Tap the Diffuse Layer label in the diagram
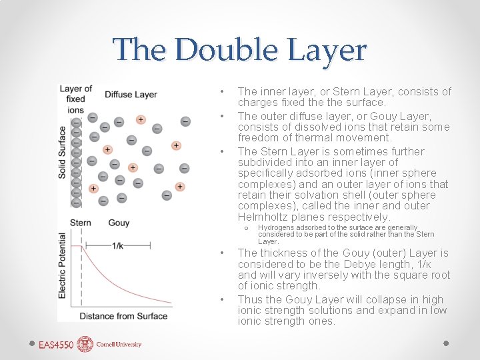(x=131, y=95)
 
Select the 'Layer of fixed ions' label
(x=75, y=99)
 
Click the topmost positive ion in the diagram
(x=141, y=119)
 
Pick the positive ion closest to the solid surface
(x=93, y=189)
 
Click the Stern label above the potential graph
(x=80, y=222)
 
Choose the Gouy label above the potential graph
(x=119, y=222)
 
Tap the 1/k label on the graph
(x=117, y=245)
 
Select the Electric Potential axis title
(x=63, y=265)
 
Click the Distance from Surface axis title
(x=123, y=315)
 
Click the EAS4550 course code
(x=56, y=345)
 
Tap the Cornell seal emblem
(x=85, y=344)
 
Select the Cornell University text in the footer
(x=119, y=345)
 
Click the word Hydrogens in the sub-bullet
(x=277, y=228)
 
